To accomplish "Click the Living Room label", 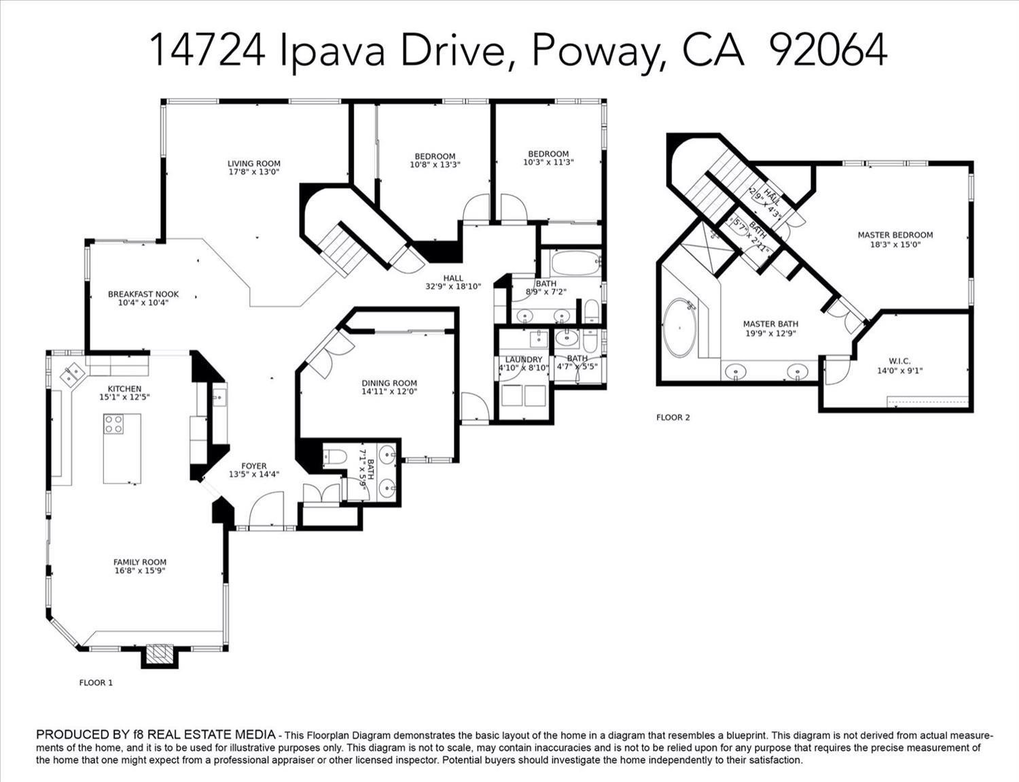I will pyautogui.click(x=253, y=163).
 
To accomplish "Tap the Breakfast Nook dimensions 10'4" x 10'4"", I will pyautogui.click(x=143, y=303).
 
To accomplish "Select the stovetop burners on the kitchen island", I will pyautogui.click(x=113, y=424).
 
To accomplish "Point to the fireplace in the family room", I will pyautogui.click(x=160, y=654).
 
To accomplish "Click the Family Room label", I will pyautogui.click(x=140, y=562).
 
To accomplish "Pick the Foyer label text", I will pyautogui.click(x=254, y=466).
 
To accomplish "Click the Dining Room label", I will pyautogui.click(x=389, y=383).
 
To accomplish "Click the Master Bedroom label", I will pyautogui.click(x=895, y=235).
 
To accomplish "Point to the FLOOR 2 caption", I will pyautogui.click(x=673, y=417).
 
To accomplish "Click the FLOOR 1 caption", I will pyautogui.click(x=96, y=682).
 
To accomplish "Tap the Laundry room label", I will pyautogui.click(x=524, y=359).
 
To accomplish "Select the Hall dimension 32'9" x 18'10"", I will pyautogui.click(x=453, y=286).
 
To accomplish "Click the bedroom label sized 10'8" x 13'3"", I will pyautogui.click(x=435, y=156).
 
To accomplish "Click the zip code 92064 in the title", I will pyautogui.click(x=829, y=50).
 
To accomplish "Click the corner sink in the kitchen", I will pyautogui.click(x=73, y=373).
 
